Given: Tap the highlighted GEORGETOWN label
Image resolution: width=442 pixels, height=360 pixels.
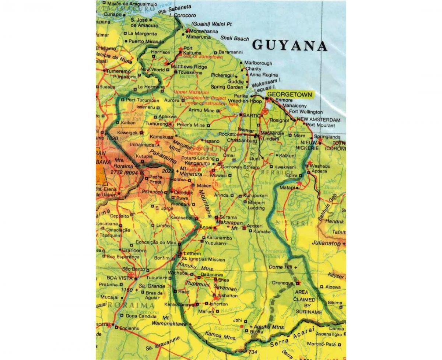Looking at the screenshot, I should pyautogui.click(x=289, y=95).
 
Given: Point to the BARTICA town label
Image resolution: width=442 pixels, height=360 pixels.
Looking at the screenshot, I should pyautogui.click(x=253, y=115).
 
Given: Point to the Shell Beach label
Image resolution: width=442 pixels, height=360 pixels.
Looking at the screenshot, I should pyautogui.click(x=235, y=38).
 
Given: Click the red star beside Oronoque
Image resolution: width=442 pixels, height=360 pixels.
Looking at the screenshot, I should pyautogui.click(x=298, y=283).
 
